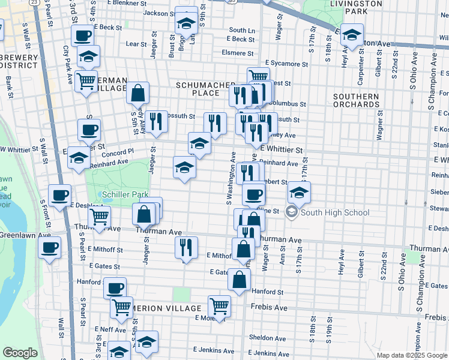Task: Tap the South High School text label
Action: [329, 212]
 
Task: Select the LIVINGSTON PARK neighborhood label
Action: [356, 7]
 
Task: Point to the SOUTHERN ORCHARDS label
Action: [356, 100]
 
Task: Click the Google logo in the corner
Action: [20, 353]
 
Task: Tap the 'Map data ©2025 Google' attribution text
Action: [411, 356]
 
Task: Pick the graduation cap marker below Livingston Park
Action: [352, 35]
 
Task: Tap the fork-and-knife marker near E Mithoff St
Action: [186, 247]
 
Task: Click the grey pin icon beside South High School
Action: [292, 212]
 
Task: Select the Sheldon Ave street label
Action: [262, 337]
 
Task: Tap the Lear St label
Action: [136, 44]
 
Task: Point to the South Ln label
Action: [242, 30]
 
